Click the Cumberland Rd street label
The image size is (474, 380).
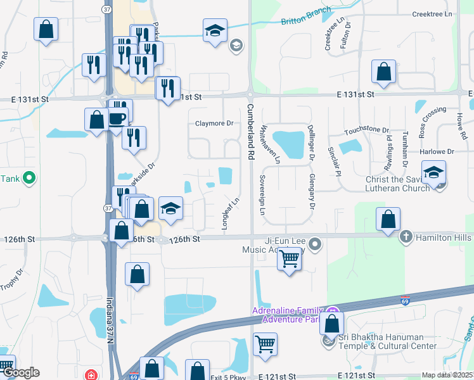(250, 132)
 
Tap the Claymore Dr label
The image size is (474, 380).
(214, 123)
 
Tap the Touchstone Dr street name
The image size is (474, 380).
(366, 131)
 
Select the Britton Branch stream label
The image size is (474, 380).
(306, 16)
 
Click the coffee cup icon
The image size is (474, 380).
(118, 118)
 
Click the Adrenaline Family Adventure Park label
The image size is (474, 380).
(290, 315)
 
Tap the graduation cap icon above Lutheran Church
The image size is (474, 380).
(434, 172)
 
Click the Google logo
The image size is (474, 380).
(21, 372)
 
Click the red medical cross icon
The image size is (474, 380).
(93, 375)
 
